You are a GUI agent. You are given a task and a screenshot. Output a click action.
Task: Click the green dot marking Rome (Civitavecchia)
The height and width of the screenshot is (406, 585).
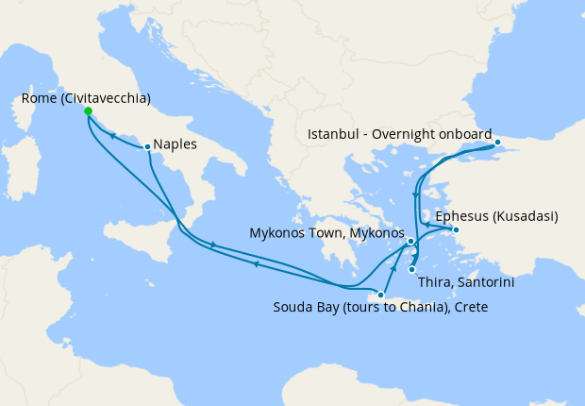click(88, 111)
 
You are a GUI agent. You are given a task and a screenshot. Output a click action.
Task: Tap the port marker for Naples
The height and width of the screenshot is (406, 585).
click(147, 146)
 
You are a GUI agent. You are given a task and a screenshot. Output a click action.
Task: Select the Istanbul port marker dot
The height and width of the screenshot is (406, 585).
click(498, 144)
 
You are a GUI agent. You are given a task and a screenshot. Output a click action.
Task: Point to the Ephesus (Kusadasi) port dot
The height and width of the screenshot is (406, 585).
click(456, 229)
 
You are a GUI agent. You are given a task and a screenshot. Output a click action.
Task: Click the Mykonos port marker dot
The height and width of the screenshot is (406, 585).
click(411, 242)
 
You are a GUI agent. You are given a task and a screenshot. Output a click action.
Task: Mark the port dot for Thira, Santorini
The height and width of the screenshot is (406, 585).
click(412, 270)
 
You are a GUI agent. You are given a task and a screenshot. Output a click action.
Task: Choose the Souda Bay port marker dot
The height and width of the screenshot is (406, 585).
click(381, 295)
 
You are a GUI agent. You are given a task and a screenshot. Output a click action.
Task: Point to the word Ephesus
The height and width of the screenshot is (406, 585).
click(460, 214)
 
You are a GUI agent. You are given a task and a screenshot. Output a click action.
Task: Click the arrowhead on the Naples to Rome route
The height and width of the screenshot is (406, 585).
click(112, 136)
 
